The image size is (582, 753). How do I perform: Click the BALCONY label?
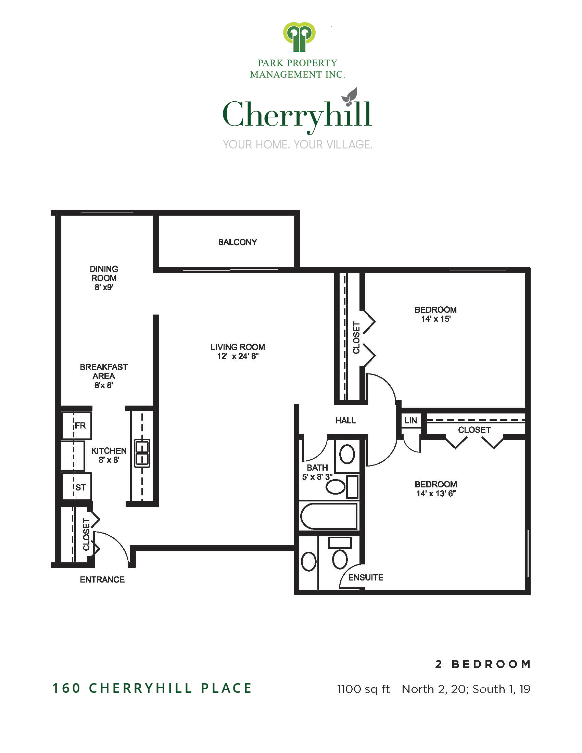tap(237, 242)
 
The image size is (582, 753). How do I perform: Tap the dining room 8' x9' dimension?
tap(104, 287)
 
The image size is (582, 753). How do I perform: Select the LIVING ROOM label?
tap(238, 347)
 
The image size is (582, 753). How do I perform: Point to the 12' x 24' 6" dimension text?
tap(238, 357)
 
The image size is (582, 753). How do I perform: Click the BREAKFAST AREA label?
tap(103, 371)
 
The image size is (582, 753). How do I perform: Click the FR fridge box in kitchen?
tap(77, 425)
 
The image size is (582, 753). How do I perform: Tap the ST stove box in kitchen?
tap(77, 487)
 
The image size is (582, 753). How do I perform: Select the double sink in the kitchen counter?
tap(142, 454)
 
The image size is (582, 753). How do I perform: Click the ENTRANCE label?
tap(102, 579)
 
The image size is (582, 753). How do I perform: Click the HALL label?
tap(345, 420)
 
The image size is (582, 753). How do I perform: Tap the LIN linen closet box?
tap(410, 420)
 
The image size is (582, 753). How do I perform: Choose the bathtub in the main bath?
tap(329, 516)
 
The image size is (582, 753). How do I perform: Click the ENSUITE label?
tap(366, 577)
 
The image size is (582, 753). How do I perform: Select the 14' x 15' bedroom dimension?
tap(435, 319)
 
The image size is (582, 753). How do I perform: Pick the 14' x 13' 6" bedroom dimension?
tap(435, 493)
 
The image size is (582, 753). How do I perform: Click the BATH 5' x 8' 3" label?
tap(317, 472)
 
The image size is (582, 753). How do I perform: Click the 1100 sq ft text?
tap(363, 689)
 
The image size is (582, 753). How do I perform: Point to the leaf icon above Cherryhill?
tap(350, 96)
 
